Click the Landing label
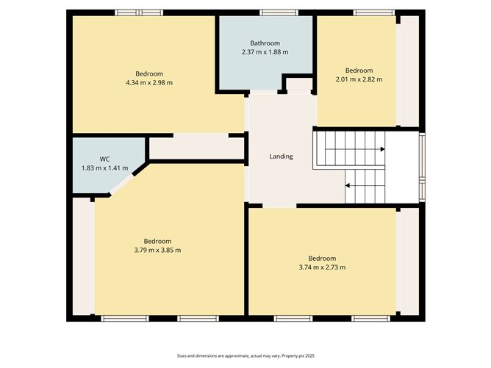[281, 156]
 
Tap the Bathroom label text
[265, 43]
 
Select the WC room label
[105, 159]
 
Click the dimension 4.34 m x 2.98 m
[149, 82]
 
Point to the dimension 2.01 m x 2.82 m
[359, 79]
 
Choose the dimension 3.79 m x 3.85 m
[157, 250]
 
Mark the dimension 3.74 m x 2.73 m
[322, 267]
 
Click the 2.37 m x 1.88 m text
[265, 52]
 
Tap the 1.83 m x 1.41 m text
[105, 168]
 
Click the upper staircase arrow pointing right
[381, 149]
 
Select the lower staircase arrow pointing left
[348, 186]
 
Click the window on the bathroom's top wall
[274, 12]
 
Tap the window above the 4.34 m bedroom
[139, 12]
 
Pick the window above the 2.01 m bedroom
[373, 12]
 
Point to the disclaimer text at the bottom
[245, 356]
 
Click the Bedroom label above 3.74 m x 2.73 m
[322, 258]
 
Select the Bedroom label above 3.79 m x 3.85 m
[157, 241]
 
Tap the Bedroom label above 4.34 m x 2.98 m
[149, 73]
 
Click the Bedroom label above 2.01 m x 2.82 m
[359, 71]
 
